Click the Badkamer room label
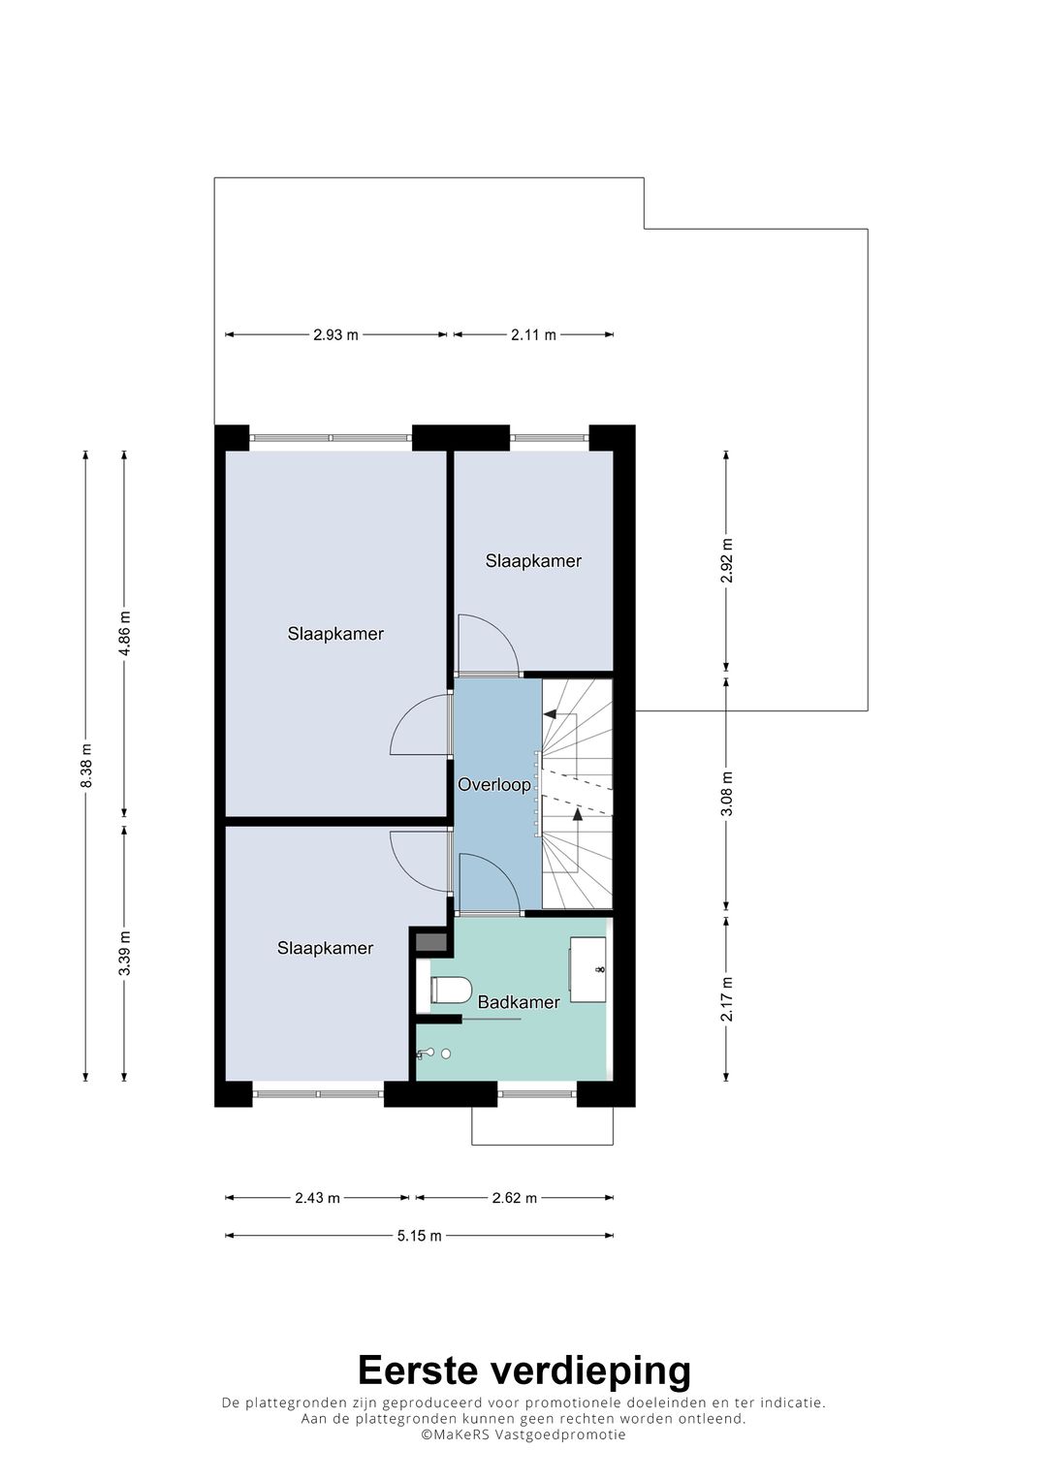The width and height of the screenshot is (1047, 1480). point(519,1002)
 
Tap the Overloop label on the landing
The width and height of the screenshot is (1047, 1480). point(494,785)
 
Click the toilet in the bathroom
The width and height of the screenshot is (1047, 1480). point(450,990)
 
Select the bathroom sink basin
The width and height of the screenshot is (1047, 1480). point(588,968)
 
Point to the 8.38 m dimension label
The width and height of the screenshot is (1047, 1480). point(86,765)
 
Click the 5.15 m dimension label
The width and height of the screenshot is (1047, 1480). point(419,1236)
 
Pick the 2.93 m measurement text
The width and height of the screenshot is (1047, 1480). point(335,335)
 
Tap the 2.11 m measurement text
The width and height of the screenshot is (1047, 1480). point(533,335)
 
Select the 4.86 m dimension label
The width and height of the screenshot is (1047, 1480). point(125,633)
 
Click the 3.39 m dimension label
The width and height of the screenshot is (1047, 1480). point(125,952)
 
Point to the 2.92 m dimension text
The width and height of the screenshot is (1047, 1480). point(726,561)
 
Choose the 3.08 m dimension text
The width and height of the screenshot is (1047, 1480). point(726,794)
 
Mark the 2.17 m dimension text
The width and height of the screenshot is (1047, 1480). point(726,998)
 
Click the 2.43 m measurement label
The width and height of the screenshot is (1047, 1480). point(317,1198)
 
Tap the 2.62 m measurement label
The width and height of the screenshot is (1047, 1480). point(515,1198)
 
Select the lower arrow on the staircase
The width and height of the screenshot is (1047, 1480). point(578,814)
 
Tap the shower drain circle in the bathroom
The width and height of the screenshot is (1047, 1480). point(446,1054)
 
